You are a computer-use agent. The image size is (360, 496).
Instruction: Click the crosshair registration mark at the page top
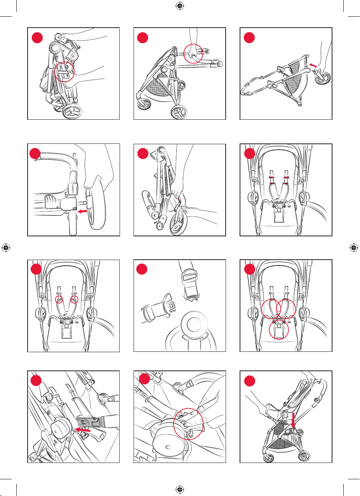point(179,6)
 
